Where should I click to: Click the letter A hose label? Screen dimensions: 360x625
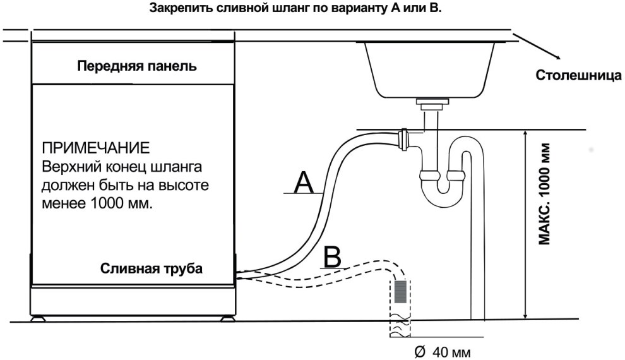304,183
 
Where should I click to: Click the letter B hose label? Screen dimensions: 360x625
332,257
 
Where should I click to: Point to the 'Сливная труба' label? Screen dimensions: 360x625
152,268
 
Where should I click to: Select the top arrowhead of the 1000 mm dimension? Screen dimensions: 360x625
525,134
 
